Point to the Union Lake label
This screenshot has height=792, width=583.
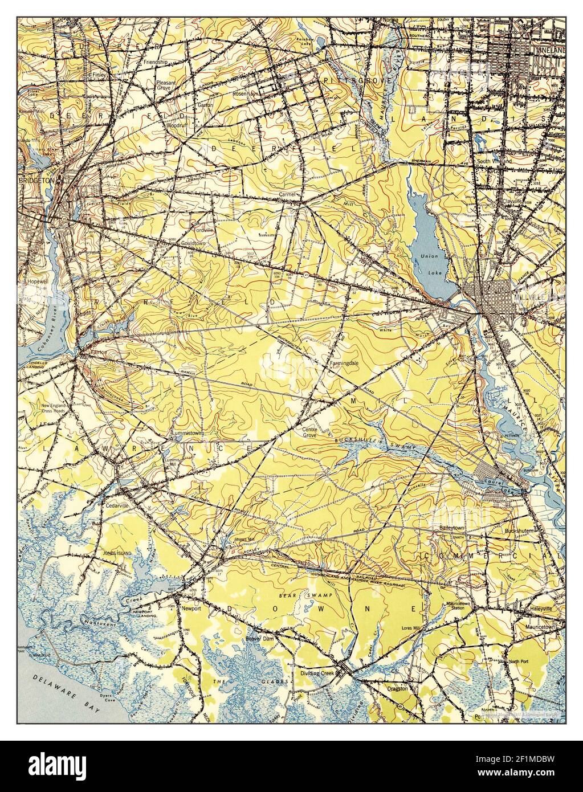pyautogui.click(x=430, y=259)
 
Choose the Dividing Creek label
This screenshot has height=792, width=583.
pyautogui.click(x=318, y=673)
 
